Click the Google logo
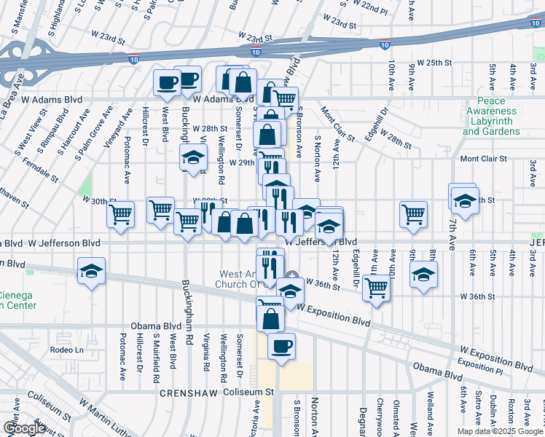point(24,428)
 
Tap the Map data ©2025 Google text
point(499,431)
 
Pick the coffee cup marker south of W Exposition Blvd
point(281,346)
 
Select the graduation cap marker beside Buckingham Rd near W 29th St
point(193,158)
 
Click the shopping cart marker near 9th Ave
point(413,214)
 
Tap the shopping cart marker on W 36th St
point(376,287)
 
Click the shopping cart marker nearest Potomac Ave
point(120,214)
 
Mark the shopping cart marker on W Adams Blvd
point(285,99)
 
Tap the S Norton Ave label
point(317,157)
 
